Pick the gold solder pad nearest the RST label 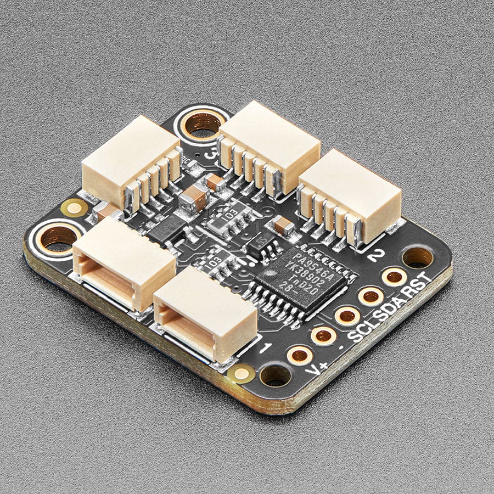394,277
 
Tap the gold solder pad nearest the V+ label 300,355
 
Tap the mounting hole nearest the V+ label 275,376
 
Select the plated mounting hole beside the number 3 203,125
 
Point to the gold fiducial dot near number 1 240,373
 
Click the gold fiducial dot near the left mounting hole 73,207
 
